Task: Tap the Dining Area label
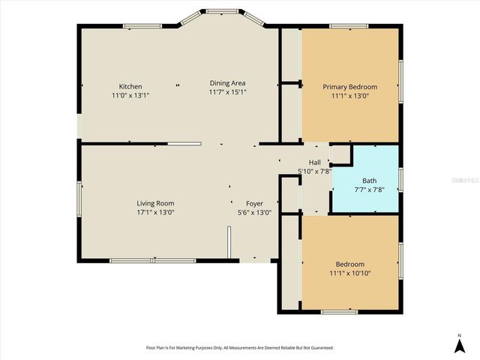click(227, 82)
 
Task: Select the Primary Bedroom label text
click(349, 87)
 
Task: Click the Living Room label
click(155, 203)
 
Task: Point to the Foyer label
click(254, 203)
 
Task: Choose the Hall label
click(315, 162)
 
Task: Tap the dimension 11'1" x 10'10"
click(349, 274)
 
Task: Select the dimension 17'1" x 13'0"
click(155, 212)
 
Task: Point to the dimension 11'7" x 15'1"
click(227, 92)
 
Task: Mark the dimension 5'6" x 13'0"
click(254, 212)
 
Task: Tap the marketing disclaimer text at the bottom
click(239, 348)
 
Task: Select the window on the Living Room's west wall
click(79, 202)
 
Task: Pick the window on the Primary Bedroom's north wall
click(349, 27)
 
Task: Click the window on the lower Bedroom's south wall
click(340, 310)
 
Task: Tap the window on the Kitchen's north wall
click(139, 26)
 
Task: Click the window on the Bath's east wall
click(401, 180)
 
